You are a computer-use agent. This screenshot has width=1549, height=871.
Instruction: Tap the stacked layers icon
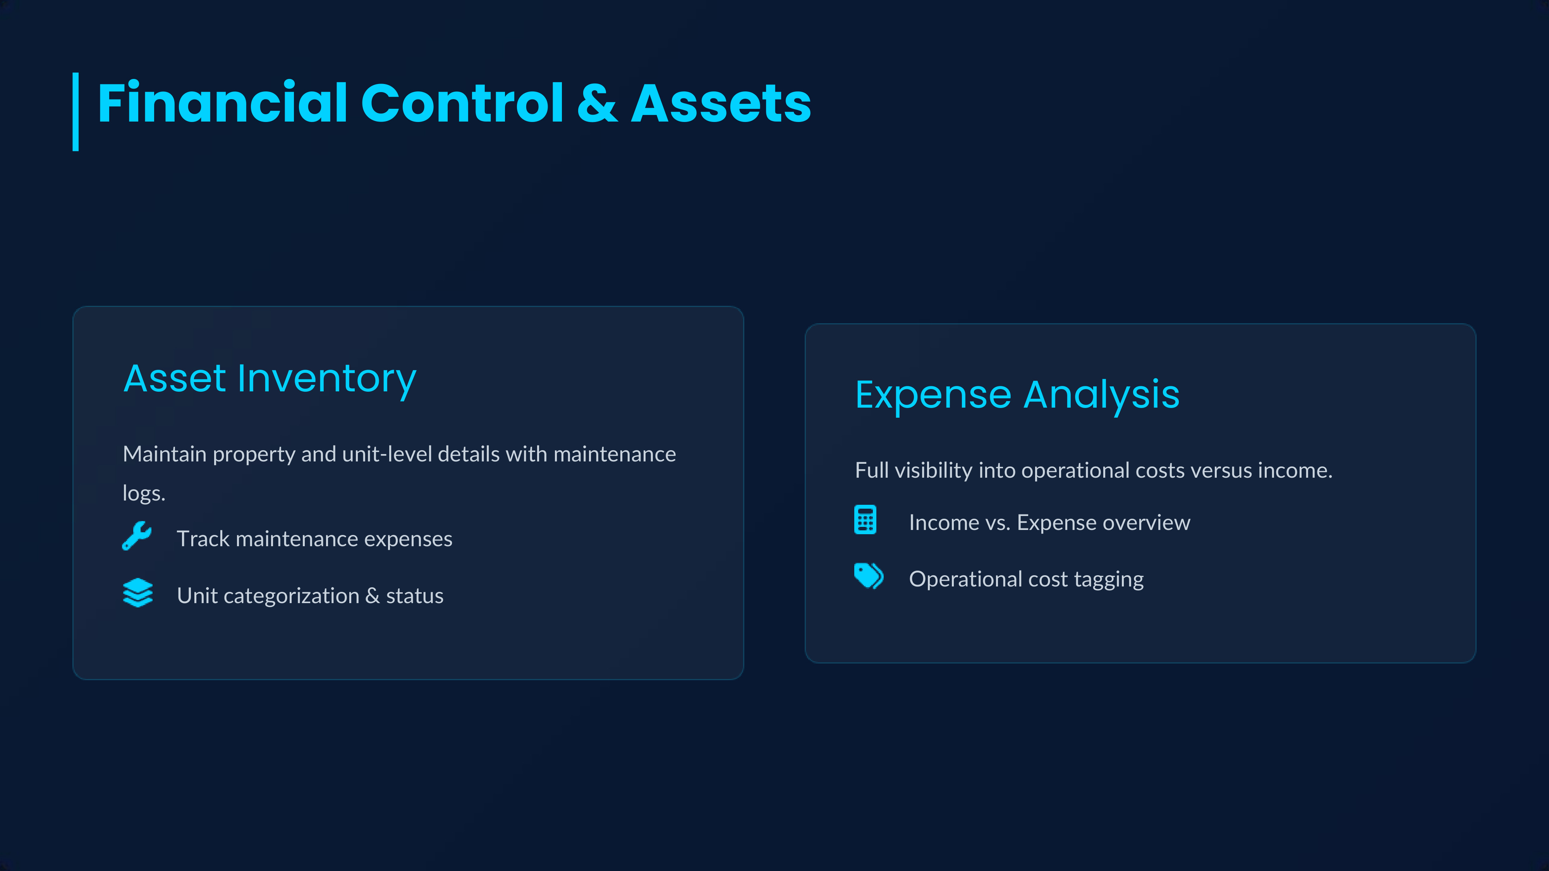(x=138, y=593)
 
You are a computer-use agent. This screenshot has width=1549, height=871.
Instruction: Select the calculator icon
(x=865, y=520)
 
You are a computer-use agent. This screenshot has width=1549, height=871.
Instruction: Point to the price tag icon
(x=869, y=576)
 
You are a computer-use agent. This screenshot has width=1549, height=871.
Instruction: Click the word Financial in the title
(x=223, y=103)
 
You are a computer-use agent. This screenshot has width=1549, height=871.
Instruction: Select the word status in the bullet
(x=415, y=596)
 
